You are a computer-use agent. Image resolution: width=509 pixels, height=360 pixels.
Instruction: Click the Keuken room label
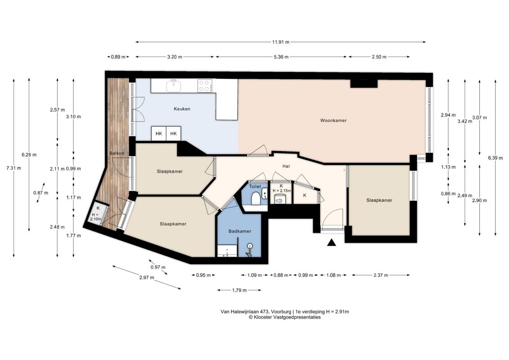pyautogui.click(x=182, y=109)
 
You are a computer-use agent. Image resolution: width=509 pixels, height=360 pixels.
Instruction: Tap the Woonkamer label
pyautogui.click(x=333, y=121)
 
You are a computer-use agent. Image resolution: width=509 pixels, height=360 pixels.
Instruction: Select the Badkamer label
pyautogui.click(x=240, y=231)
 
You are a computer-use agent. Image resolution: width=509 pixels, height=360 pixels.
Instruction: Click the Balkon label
pyautogui.click(x=117, y=153)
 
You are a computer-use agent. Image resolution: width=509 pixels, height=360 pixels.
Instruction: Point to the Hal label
pyautogui.click(x=286, y=166)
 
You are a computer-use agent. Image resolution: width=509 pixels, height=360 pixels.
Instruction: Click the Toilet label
pyautogui.click(x=255, y=187)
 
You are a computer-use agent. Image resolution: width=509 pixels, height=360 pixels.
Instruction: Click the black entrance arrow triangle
pyautogui.click(x=331, y=243)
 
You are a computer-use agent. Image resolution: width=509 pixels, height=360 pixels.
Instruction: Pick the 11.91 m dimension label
pyautogui.click(x=281, y=42)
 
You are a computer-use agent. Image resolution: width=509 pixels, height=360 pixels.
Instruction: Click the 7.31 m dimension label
pyautogui.click(x=14, y=168)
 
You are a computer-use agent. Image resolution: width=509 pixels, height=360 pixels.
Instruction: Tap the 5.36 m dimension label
pyautogui.click(x=281, y=57)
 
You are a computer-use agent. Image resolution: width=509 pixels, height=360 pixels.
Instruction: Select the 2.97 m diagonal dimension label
pyautogui.click(x=146, y=278)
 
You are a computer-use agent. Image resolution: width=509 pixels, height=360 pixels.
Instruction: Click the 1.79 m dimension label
pyautogui.click(x=239, y=290)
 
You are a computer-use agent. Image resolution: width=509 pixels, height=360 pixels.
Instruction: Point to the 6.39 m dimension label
pyautogui.click(x=495, y=158)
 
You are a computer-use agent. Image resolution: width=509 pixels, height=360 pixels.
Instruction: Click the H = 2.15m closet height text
pyautogui.click(x=282, y=191)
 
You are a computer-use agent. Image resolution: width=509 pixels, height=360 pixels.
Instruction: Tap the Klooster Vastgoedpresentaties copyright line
pyautogui.click(x=285, y=318)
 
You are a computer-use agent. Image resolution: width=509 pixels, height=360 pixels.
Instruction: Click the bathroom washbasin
pyautogui.click(x=227, y=251)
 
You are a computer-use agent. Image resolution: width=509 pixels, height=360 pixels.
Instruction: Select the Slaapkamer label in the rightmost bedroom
pyautogui.click(x=379, y=200)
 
